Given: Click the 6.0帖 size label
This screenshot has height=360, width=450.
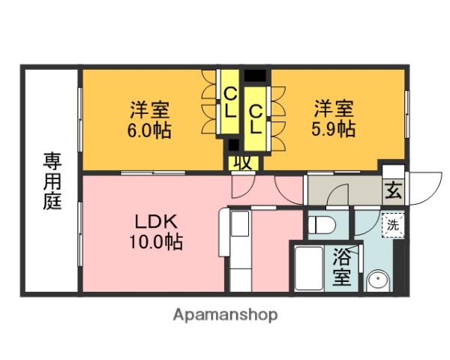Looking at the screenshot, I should pos(148,130).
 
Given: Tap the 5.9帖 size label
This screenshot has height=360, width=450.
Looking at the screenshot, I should pos(334,129).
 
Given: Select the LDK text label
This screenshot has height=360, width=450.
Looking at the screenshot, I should pos(155,223).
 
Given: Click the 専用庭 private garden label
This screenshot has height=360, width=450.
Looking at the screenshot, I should pos(51,182).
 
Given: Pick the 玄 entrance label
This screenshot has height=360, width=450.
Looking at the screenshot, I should pos(393,189).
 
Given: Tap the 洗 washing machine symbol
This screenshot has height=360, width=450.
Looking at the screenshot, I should pos(392,223).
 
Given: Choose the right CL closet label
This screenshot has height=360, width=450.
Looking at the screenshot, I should pos(256,118).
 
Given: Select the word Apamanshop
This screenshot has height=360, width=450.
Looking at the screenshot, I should pos(225,315).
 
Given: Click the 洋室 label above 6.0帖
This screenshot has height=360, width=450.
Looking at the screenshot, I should pos(148,109).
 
